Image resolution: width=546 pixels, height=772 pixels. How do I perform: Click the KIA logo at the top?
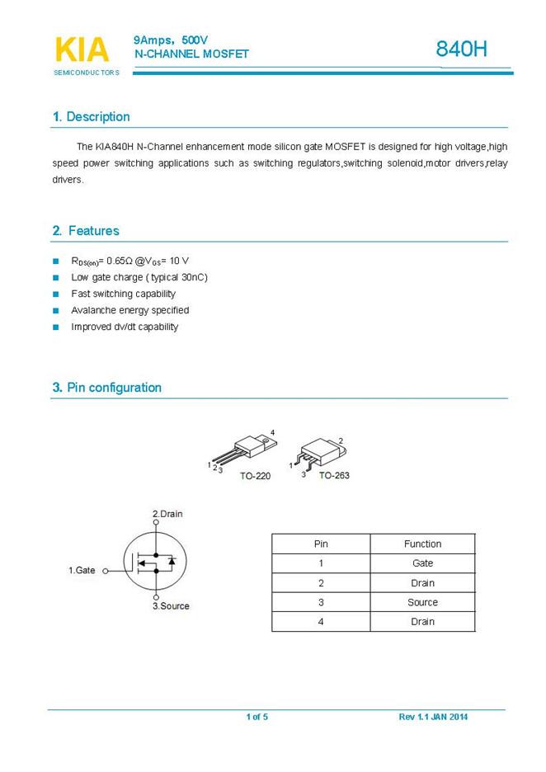pos(82,50)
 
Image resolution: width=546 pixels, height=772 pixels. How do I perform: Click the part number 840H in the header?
pos(462,50)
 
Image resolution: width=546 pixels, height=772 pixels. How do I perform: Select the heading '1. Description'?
pos(91,117)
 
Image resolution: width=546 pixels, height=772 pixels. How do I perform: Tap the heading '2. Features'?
pos(86,231)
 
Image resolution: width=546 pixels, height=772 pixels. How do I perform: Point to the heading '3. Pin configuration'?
pos(106,388)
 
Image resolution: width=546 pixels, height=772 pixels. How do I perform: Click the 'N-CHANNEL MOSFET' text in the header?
pos(191,54)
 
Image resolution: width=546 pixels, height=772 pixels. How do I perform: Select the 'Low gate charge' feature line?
pos(139,277)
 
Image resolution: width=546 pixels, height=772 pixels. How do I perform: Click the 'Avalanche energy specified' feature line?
pos(130,310)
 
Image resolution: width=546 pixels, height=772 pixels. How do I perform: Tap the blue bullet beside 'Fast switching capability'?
pos(56,294)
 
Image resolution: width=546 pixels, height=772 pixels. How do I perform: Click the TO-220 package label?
pos(255,477)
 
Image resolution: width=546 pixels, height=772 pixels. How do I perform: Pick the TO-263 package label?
pos(334,476)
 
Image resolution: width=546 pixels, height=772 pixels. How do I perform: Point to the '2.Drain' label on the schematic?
pos(167,514)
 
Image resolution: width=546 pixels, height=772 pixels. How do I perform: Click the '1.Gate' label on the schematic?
pos(82,570)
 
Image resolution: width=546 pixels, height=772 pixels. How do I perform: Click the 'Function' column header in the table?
pos(422,544)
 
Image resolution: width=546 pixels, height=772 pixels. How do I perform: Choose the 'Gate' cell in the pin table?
pos(422,563)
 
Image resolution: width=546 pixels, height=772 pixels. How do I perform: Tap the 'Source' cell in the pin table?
pos(422,602)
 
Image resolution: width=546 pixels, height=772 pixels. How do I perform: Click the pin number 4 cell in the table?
pos(321,622)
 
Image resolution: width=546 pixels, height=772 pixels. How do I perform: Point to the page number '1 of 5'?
pos(257,717)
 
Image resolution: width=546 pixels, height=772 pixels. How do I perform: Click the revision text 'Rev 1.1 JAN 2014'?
pos(433,717)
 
